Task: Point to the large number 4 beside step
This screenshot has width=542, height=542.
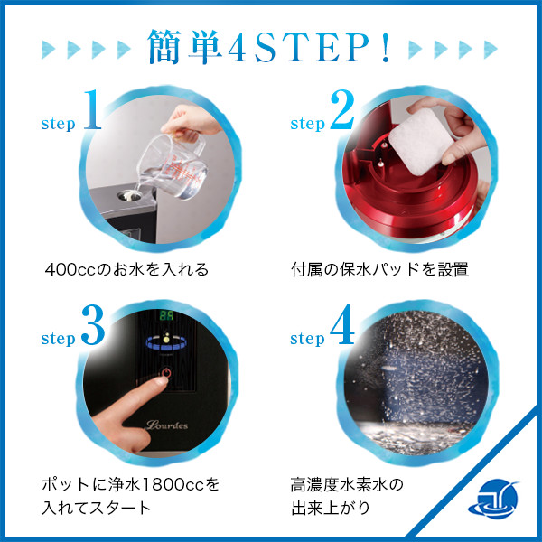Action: tap(341, 329)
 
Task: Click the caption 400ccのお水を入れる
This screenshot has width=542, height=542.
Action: tap(127, 269)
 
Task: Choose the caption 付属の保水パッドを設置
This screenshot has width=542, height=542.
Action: tap(379, 269)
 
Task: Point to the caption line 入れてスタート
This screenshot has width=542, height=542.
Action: tap(98, 507)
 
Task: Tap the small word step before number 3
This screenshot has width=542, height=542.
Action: tap(58, 340)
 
